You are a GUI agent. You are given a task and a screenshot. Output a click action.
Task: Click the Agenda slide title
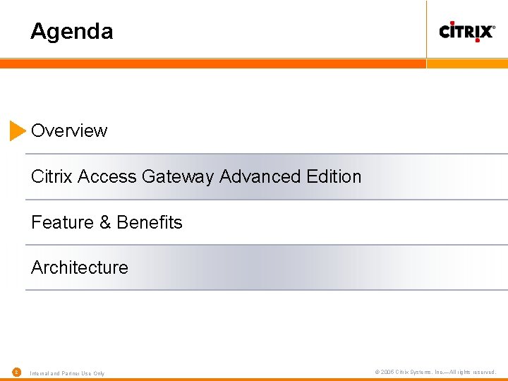[71, 32]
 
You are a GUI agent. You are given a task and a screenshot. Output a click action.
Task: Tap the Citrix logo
[466, 31]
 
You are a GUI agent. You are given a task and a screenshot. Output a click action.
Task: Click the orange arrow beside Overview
[18, 131]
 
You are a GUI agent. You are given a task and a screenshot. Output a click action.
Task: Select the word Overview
[69, 131]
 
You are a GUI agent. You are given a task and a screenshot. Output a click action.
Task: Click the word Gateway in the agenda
[179, 176]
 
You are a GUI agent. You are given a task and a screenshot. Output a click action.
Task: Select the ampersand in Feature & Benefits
[105, 223]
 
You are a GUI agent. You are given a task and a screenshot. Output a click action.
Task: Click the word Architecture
[80, 267]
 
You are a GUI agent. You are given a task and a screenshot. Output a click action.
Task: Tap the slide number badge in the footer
[16, 372]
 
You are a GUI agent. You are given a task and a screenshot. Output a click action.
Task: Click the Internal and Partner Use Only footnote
[67, 373]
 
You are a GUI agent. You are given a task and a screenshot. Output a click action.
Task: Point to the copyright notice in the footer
[435, 372]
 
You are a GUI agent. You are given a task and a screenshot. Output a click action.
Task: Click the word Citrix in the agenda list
[52, 176]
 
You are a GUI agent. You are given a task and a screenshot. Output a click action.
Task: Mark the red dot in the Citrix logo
[477, 40]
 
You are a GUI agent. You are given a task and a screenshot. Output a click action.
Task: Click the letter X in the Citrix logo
[485, 32]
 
